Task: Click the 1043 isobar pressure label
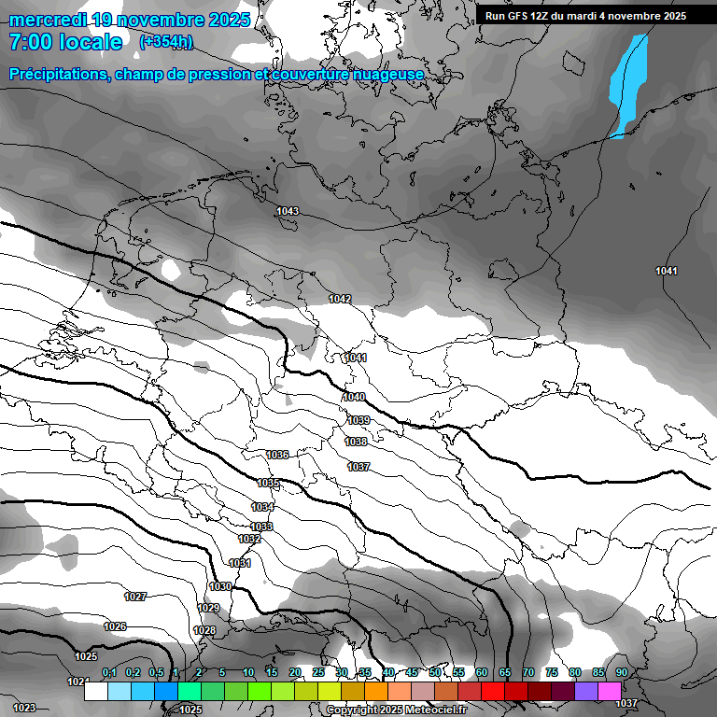pos(288,212)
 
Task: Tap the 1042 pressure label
pos(340,299)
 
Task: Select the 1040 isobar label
pos(354,398)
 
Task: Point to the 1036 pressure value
pos(277,455)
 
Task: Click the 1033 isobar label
pos(261,527)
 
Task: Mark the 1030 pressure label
pos(220,586)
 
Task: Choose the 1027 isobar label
pos(135,597)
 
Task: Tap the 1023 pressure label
pos(24,709)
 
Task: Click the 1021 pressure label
pos(78,682)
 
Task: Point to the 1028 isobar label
pos(205,631)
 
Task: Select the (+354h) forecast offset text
pos(166,42)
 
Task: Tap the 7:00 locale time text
pos(65,42)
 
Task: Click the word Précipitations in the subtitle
pos(58,74)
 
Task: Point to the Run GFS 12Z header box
pos(585,16)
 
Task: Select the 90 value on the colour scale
pos(621,673)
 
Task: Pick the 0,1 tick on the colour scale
pos(109,673)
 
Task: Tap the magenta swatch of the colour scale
pos(610,691)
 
